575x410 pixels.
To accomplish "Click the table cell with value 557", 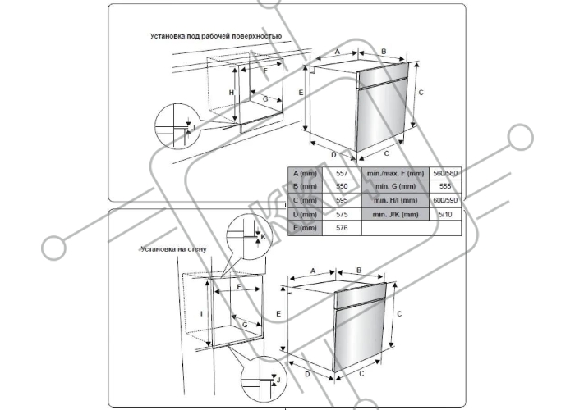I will [343, 174].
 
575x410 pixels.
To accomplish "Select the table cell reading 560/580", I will [446, 174].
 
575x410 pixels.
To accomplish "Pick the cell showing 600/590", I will [446, 200].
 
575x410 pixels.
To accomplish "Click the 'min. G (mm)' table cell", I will [395, 187].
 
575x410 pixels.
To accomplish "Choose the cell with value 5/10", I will [446, 214].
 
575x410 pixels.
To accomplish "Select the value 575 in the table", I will [343, 214].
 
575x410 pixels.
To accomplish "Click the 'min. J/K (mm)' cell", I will [395, 214].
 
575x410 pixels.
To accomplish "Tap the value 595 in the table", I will [343, 200].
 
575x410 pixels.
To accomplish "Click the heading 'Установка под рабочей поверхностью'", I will [216, 37].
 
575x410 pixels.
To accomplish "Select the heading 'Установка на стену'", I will [173, 248].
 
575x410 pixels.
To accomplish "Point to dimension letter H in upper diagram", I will [232, 93].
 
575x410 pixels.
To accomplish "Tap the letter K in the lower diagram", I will [264, 237].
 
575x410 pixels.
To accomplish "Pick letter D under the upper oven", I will [333, 153].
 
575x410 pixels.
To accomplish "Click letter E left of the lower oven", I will [279, 314].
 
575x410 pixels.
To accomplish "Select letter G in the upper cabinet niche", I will [264, 98].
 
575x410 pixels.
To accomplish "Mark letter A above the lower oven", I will [313, 271].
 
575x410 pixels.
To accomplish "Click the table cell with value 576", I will [343, 228].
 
